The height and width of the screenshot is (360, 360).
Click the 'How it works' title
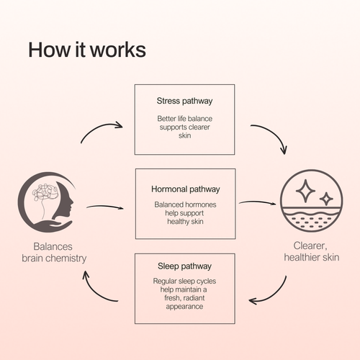[87, 50]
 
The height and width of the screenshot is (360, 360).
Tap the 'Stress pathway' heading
[184, 101]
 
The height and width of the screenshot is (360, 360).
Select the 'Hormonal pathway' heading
[186, 189]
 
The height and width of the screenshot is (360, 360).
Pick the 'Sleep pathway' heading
[184, 266]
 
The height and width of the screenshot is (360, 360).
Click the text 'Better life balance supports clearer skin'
[185, 127]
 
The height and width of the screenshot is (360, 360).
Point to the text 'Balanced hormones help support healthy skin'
[185, 213]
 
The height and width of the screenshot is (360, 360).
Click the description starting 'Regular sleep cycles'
[184, 294]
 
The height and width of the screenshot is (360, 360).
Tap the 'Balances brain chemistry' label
[54, 253]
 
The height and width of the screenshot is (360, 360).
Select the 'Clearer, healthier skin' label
[312, 251]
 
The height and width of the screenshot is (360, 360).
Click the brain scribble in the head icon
[45, 192]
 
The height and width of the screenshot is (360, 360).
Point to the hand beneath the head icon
[51, 226]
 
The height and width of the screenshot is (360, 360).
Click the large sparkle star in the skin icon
[305, 191]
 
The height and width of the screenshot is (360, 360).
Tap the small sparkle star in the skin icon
[326, 199]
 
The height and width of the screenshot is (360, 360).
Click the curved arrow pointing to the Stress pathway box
[98, 128]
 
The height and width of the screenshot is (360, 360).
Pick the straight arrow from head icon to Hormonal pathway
[105, 207]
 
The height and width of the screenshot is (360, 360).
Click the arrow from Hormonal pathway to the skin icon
[257, 203]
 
